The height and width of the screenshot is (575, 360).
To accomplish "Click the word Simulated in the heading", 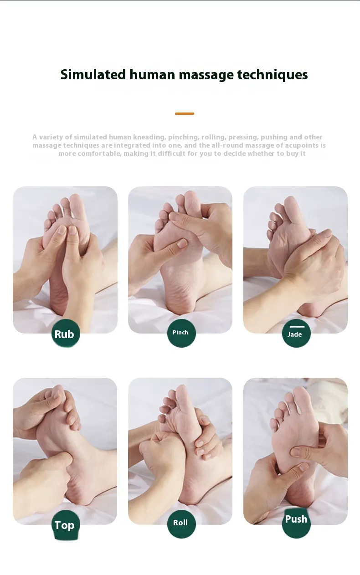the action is click(x=93, y=75).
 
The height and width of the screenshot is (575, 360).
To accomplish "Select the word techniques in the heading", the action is click(x=273, y=75).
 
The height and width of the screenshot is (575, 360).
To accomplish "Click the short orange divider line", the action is click(x=185, y=113).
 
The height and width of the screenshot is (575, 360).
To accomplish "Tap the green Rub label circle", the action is click(x=66, y=333).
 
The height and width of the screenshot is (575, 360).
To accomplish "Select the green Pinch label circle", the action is click(x=181, y=333).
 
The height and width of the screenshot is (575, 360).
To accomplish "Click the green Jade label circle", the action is click(x=296, y=333).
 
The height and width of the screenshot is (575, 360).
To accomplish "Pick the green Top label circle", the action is click(x=66, y=524).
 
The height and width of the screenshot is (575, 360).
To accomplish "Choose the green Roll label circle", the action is click(x=181, y=524).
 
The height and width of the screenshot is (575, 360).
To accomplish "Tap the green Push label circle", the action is click(x=296, y=523).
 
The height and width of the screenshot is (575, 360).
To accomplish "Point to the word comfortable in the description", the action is click(x=100, y=154).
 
